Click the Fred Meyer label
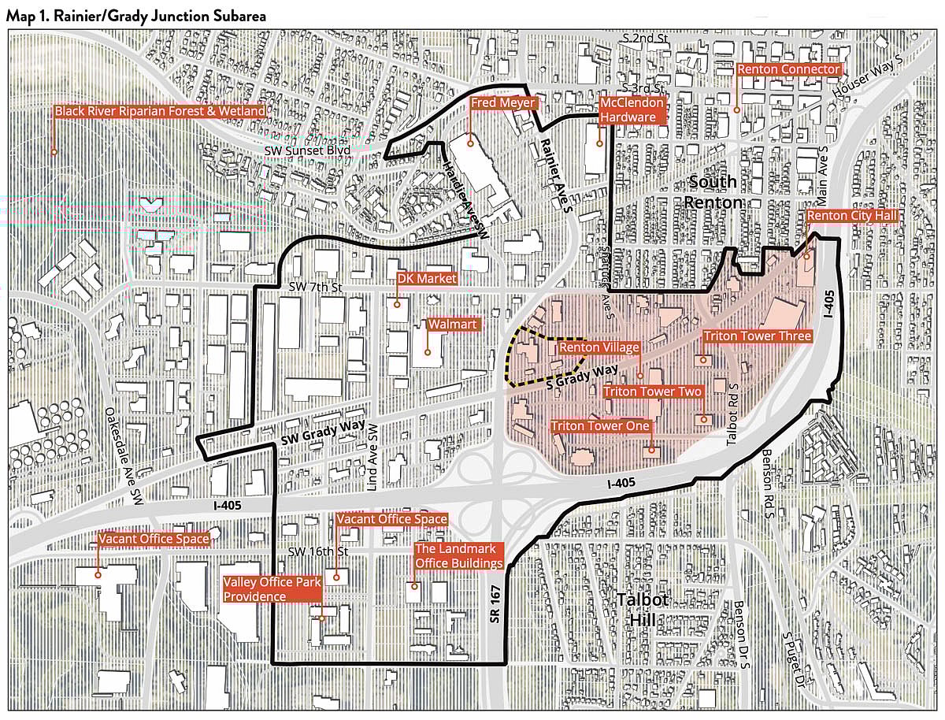pos(504,103)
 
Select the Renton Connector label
pos(788,69)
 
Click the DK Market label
pos(426,279)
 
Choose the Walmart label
pos(452,325)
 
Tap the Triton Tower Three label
pos(757,336)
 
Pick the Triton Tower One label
pos(601,426)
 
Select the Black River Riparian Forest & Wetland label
pos(160,111)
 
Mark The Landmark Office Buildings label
pos(458,556)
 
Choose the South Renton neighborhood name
pos(713,191)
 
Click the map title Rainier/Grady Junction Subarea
pos(135,15)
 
